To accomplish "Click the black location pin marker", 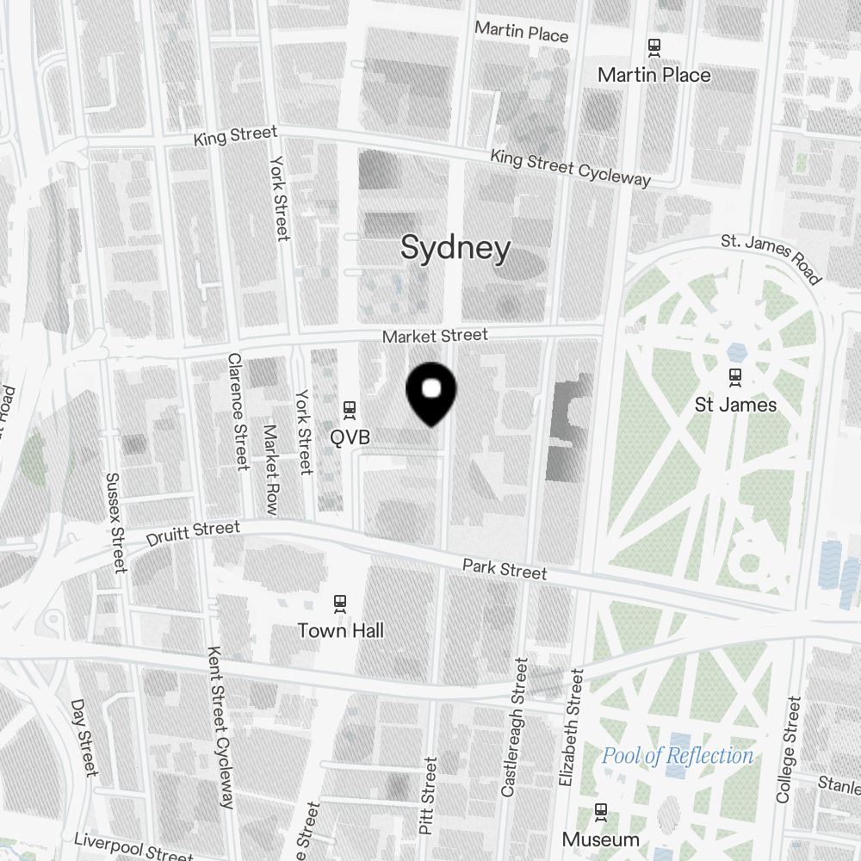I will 430,393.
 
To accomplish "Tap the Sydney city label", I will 455,249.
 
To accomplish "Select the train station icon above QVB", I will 350,409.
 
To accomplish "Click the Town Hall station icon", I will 341,603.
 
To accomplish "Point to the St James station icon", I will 735,376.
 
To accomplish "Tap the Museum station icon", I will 601,811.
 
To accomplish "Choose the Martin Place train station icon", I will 654,46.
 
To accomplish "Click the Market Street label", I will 435,335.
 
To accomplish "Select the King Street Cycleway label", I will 570,167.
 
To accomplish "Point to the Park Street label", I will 504,569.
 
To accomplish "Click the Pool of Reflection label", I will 677,756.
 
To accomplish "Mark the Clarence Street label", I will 238,412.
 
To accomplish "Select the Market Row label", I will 270,469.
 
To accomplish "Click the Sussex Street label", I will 115,522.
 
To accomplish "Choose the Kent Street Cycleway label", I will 220,728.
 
